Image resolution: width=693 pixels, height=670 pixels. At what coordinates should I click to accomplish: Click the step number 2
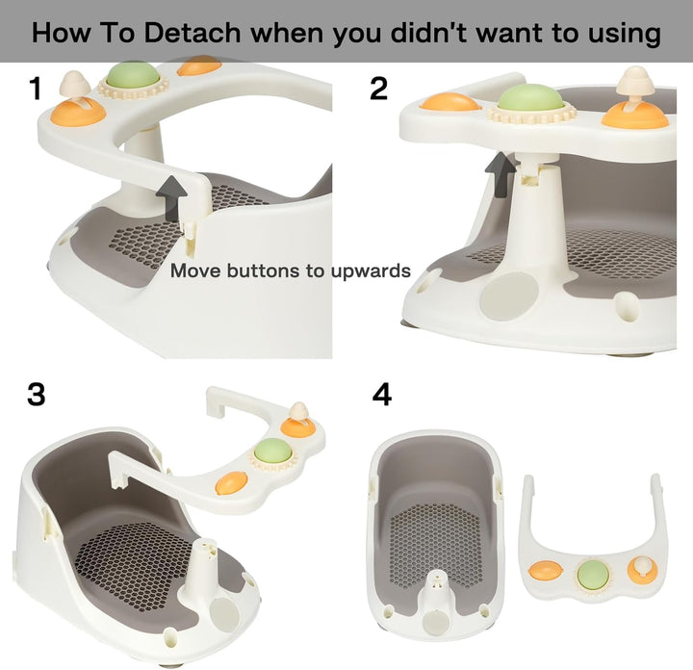(378, 89)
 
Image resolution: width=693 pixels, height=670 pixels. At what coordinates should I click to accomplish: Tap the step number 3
(37, 395)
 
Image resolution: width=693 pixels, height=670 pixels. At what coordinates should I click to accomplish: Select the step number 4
(382, 395)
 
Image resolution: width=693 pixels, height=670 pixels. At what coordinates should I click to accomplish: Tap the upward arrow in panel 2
(500, 173)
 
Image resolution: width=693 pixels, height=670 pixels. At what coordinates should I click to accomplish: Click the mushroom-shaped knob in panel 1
(71, 88)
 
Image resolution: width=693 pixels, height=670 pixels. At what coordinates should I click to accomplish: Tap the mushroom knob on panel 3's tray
(298, 415)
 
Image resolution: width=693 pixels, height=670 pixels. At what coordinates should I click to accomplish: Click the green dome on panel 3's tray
(272, 450)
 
